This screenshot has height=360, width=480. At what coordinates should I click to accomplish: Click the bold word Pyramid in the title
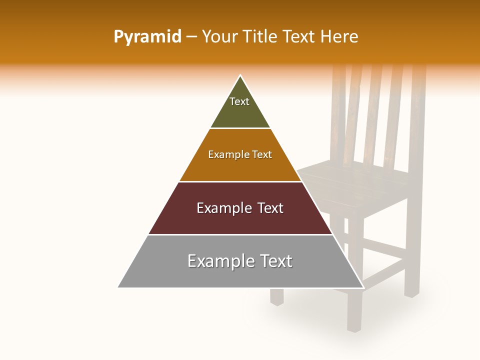point(147,37)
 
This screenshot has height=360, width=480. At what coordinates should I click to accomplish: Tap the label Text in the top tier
point(239,101)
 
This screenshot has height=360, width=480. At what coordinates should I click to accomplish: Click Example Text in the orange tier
point(240,154)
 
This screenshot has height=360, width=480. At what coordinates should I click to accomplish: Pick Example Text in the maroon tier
point(240,208)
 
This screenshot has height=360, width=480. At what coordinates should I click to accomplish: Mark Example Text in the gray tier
point(240,261)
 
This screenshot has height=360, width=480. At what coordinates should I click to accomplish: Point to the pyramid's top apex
point(240,76)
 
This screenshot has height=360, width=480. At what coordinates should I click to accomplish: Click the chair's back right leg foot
point(411,294)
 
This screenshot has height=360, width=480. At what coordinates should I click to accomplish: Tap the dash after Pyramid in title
point(191,37)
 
